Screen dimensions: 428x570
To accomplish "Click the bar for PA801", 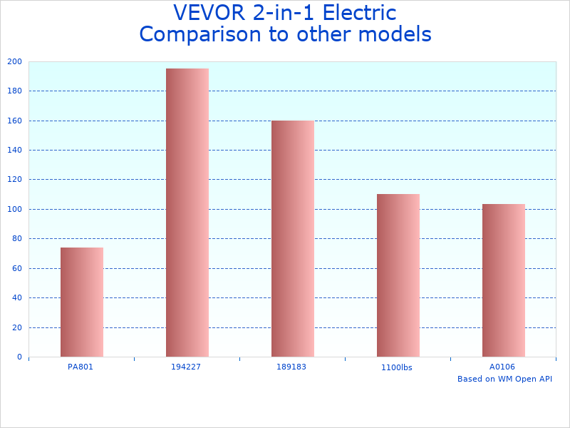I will coord(82,302).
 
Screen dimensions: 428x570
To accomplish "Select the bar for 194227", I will coord(187,213).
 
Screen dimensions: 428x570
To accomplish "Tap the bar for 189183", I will coord(293,238).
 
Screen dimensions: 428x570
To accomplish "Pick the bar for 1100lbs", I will coord(398,275).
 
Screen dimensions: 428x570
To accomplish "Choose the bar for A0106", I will coord(504,280).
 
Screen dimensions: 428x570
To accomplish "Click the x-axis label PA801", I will coord(81,367).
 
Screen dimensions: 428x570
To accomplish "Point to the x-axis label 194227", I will coord(186,367).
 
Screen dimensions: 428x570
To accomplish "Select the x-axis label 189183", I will coord(291,367).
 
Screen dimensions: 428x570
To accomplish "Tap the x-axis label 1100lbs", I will coord(397,368).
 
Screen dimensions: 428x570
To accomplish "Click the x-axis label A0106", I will coord(502,367).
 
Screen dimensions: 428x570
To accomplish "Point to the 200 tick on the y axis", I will coord(15,62).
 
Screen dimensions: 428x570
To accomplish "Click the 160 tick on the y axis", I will coord(15,121).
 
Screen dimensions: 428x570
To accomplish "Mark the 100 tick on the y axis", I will coord(15,210).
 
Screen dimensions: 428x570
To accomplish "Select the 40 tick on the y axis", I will coord(17,298).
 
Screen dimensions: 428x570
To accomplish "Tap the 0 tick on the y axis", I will coord(19,357).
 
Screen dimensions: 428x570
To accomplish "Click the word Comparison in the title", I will coord(199,34).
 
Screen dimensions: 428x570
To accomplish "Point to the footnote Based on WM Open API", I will coord(504,379).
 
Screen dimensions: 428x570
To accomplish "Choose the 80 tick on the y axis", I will coord(17,239).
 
